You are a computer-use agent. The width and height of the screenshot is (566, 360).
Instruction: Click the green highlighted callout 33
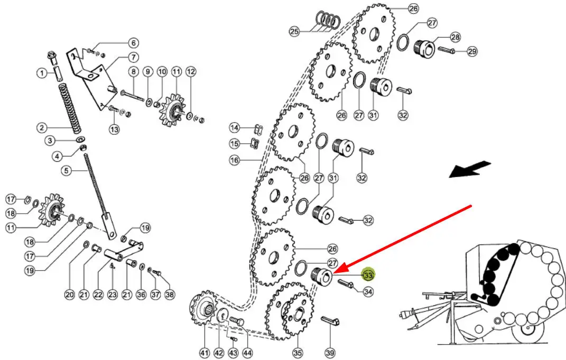(368, 275)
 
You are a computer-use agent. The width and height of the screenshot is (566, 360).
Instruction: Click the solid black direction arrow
(470, 170)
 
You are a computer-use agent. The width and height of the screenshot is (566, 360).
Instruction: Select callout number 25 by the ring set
(294, 31)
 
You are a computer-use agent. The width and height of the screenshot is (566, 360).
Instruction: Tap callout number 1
(42, 73)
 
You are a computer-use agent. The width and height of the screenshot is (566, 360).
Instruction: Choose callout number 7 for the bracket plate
(133, 57)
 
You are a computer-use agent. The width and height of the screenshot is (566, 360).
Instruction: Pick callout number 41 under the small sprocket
(205, 353)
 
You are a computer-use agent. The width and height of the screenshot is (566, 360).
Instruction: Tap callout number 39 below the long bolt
(330, 353)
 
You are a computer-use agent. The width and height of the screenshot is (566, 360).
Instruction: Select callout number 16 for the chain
(235, 160)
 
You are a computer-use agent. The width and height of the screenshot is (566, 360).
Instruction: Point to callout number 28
(456, 37)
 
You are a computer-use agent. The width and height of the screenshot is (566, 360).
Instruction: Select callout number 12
(191, 71)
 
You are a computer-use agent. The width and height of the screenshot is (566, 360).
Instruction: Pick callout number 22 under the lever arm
(98, 294)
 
